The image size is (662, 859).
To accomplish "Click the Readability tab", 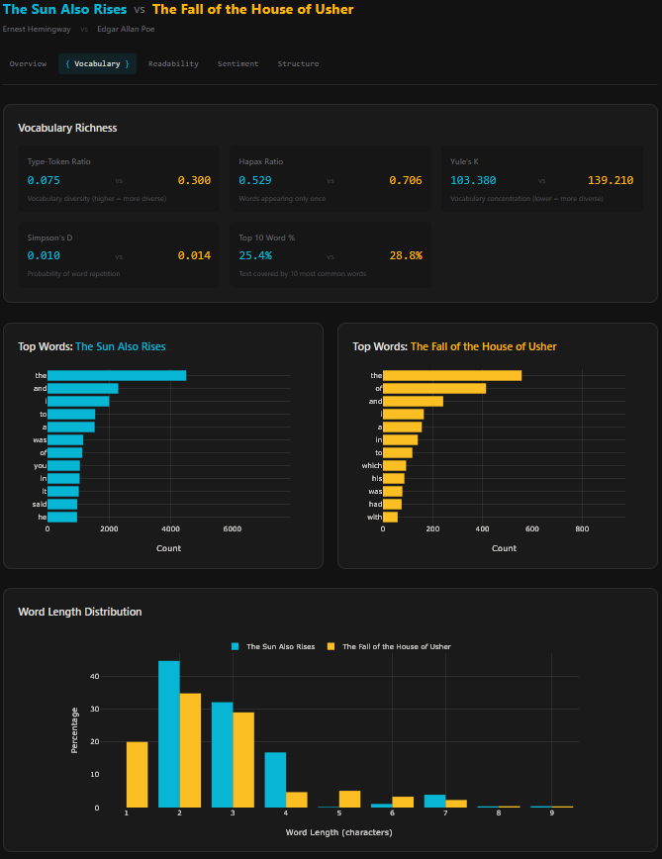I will coord(173,63).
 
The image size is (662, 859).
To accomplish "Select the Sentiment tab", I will coord(237,63).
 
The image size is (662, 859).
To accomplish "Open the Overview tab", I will coord(28,63).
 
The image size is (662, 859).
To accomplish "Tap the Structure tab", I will coord(298,63).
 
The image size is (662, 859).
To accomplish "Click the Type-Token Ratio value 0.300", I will coord(194,180).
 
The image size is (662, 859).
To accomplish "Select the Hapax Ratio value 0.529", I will coord(255,180).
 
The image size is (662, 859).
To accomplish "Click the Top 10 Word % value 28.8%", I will coord(406,255).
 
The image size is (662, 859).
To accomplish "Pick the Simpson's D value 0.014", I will coord(194,255).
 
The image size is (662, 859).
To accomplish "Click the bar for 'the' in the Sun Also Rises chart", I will coord(117,375).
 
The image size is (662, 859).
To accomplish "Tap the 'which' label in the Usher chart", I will coord(371,465).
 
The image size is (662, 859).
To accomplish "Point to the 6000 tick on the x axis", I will coord(232,529).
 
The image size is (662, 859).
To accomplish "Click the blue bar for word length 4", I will coord(275,780).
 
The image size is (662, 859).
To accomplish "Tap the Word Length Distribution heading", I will coord(79,612).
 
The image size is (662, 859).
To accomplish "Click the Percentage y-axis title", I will coord(74,730).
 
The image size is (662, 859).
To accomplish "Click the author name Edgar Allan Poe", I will coord(126,29).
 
